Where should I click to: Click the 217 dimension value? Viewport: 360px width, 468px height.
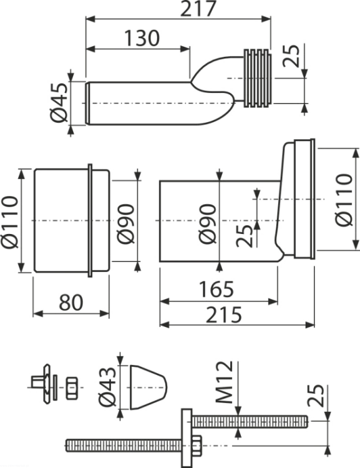[x=198, y=9]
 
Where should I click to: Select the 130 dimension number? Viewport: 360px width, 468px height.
[x=142, y=38]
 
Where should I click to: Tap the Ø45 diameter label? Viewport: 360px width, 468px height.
[x=59, y=102]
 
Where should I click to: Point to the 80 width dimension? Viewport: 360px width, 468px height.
[x=71, y=303]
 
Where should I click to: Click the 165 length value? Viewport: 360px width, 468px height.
[x=216, y=289]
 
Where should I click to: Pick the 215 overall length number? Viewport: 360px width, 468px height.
[x=223, y=314]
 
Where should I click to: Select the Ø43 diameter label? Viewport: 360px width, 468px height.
[x=107, y=387]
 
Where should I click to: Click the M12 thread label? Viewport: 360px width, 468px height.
[x=224, y=382]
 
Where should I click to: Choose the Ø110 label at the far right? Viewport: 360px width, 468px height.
[x=344, y=200]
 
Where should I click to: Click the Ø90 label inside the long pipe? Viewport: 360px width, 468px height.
[x=208, y=224]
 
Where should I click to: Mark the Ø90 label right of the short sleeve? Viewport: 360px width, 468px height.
[x=125, y=224]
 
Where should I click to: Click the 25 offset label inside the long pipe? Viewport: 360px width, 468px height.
[x=245, y=235]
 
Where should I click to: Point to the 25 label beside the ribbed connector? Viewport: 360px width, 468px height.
[x=291, y=56]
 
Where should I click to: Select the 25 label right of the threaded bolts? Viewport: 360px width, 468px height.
[x=315, y=396]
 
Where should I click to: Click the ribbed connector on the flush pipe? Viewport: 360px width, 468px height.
[x=258, y=78]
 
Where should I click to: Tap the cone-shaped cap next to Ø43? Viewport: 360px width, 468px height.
[x=148, y=387]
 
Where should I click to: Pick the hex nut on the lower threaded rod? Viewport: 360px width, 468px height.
[x=196, y=446]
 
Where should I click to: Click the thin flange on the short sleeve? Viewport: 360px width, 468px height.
[x=90, y=220]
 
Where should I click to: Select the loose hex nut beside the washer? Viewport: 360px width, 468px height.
[x=72, y=388]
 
